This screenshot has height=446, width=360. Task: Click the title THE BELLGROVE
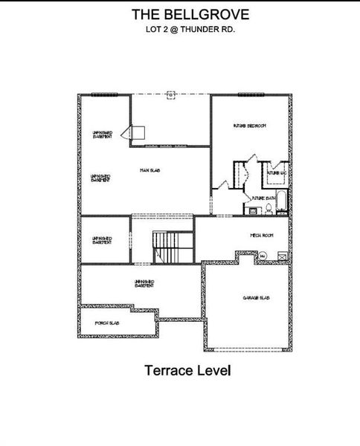179,14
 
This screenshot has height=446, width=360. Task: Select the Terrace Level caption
179,370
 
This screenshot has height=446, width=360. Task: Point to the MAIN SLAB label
151,171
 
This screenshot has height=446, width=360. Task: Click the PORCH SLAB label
108,323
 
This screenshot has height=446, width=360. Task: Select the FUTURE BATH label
264,198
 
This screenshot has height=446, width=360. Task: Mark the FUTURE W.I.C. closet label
277,173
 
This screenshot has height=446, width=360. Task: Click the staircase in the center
168,246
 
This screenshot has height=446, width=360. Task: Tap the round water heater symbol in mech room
263,257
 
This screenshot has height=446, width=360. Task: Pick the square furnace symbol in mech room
282,256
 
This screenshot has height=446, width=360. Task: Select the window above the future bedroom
251,94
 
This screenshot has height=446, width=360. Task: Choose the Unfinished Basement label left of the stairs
102,240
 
